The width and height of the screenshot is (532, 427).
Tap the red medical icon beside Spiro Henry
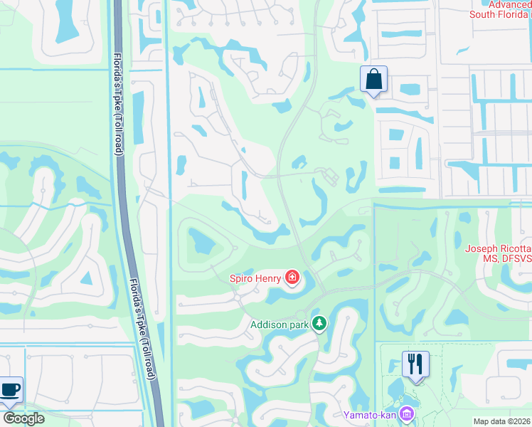(x=292, y=277)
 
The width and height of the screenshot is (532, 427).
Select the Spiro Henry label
(x=254, y=278)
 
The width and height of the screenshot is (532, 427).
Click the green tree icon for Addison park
(x=320, y=324)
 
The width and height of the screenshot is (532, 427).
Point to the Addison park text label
(x=280, y=325)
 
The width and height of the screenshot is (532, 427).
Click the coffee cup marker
(x=10, y=390)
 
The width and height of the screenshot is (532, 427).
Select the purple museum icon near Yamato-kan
(x=407, y=413)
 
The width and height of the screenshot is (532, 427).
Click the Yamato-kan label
(x=369, y=414)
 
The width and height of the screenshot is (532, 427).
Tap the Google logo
(x=23, y=418)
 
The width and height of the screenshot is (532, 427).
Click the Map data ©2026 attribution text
(x=501, y=421)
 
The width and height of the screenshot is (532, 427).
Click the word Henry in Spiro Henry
(x=267, y=278)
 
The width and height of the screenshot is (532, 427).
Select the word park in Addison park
(x=299, y=325)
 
